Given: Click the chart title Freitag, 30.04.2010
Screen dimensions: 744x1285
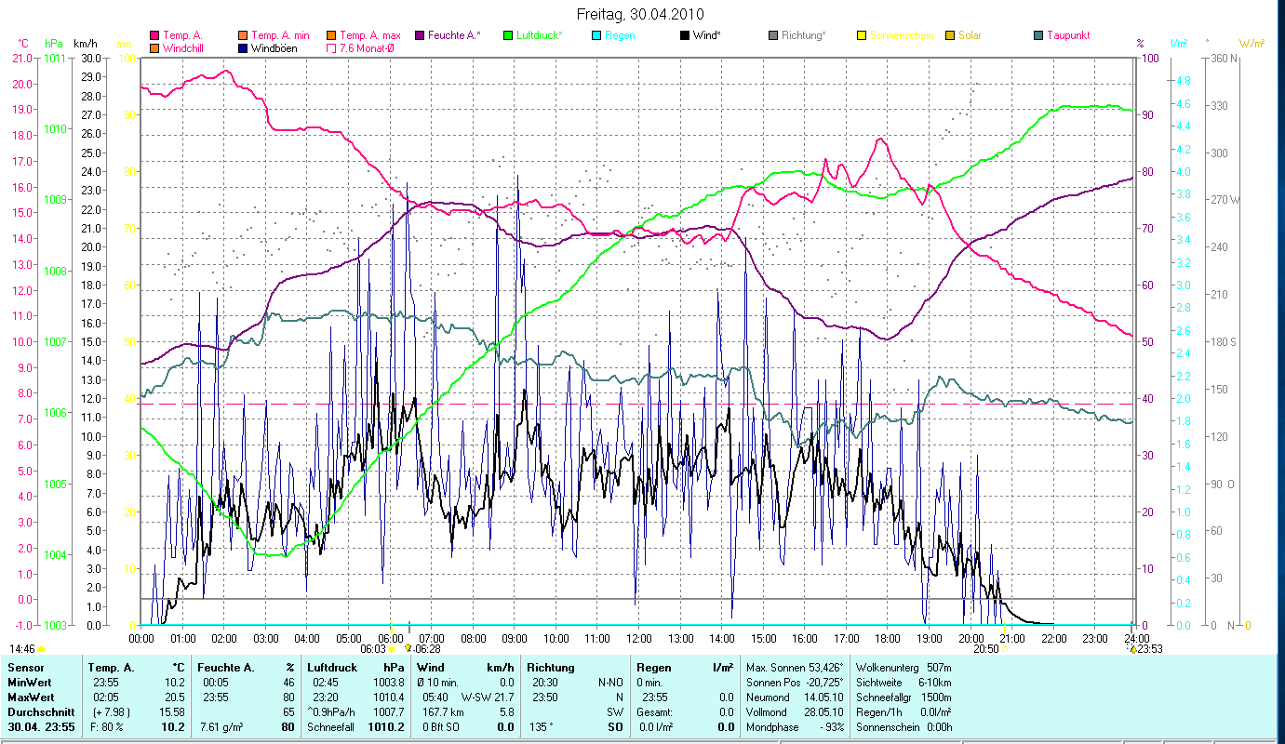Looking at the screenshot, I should [x=640, y=14].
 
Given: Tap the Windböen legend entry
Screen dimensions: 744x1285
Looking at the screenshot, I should [x=274, y=47].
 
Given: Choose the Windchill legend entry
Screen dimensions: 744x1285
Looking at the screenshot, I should [x=186, y=47].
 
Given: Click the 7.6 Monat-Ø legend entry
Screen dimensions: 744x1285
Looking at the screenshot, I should [x=367, y=47].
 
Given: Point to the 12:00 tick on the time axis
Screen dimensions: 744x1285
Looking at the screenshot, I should [x=639, y=638].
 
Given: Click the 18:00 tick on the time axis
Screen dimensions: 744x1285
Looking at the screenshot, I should [x=888, y=638].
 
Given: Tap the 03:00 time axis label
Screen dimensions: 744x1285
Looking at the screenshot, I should [x=265, y=638].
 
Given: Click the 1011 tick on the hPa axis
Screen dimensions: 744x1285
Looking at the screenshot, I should [x=55, y=58].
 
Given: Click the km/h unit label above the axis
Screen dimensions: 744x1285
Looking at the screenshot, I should [x=85, y=44].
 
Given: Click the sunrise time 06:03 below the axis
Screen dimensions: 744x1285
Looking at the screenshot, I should [x=372, y=649].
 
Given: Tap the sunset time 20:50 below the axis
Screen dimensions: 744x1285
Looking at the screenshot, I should [x=985, y=649].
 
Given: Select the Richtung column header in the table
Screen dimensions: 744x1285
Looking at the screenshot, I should [x=550, y=667].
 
